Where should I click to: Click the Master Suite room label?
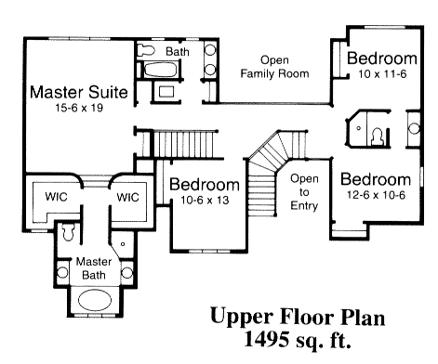[79, 92]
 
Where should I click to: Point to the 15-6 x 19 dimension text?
[79, 108]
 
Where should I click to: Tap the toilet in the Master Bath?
[68, 232]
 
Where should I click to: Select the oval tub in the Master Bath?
[95, 300]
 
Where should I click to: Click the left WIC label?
[56, 196]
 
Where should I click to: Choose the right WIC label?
[127, 197]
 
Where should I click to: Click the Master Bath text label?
[94, 268]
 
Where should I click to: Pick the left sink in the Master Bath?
[63, 273]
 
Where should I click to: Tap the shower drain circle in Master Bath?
[123, 244]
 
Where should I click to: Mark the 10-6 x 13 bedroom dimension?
[205, 201]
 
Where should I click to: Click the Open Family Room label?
[274, 67]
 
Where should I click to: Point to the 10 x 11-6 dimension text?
[382, 74]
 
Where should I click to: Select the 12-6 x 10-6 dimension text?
[376, 195]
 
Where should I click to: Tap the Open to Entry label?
[304, 192]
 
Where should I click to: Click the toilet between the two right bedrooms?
[378, 136]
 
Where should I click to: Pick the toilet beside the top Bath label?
[146, 50]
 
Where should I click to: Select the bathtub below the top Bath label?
[160, 70]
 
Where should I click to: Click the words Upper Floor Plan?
[298, 318]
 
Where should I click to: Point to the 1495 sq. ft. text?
[298, 339]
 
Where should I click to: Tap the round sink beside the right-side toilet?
[414, 128]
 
